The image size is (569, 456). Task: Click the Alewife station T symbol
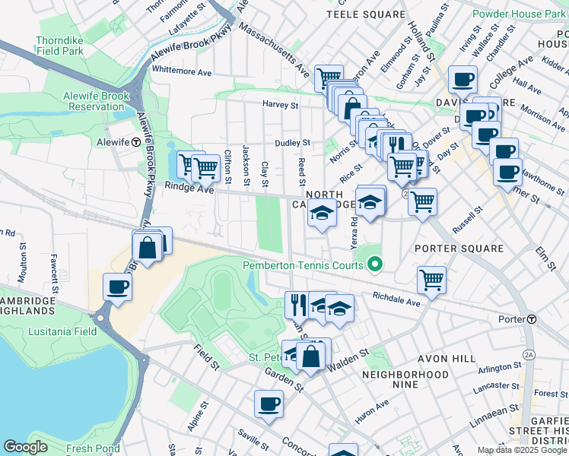135,142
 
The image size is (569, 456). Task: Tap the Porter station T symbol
532,318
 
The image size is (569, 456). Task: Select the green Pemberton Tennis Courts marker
374,264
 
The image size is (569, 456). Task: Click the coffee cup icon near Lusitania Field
118,287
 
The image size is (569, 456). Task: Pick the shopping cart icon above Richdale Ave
432,279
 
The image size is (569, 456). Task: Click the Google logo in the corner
25,447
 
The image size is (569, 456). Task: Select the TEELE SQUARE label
366,14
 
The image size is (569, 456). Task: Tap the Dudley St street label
293,142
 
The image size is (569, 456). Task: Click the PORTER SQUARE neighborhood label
459,249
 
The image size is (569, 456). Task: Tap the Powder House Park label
518,14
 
